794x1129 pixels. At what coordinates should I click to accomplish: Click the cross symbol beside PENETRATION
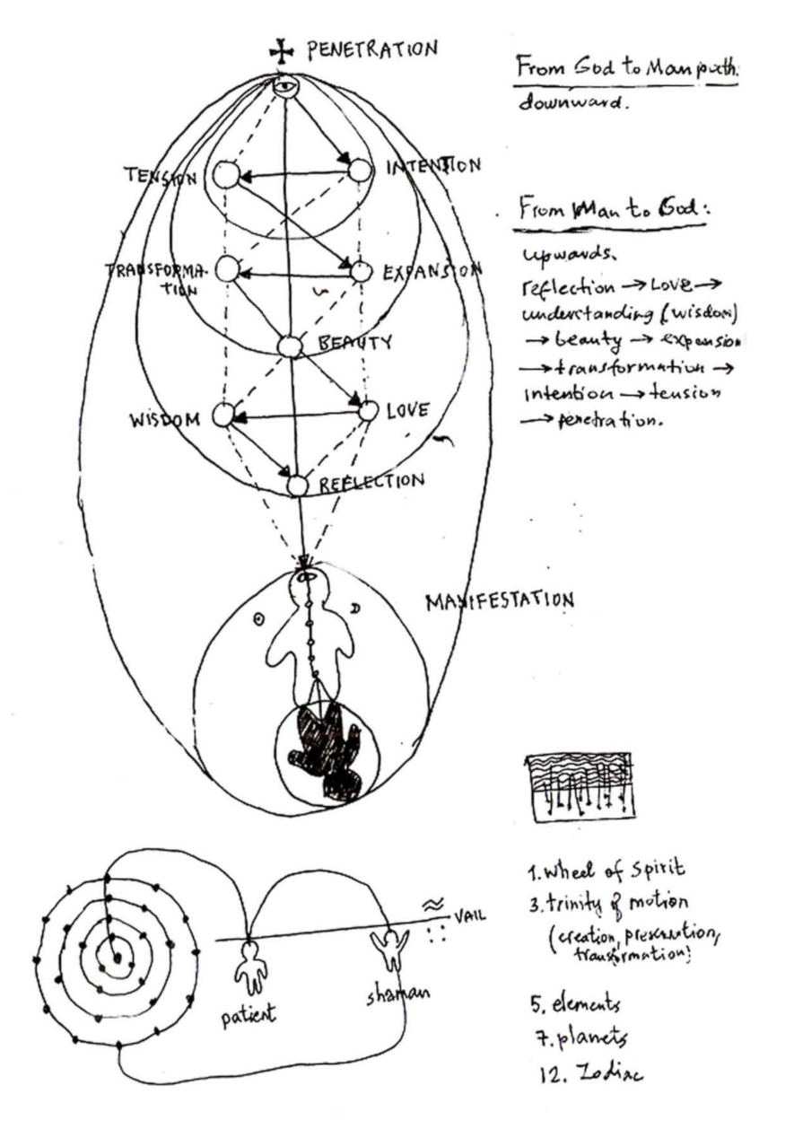[x=287, y=54]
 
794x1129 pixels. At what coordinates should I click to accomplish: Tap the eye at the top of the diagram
[x=285, y=87]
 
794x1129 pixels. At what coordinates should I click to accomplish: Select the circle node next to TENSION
[x=226, y=175]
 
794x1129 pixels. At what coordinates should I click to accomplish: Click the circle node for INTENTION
[x=360, y=171]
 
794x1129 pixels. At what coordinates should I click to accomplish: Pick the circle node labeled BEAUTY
[x=289, y=346]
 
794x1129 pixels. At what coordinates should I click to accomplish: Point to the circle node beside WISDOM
[x=223, y=415]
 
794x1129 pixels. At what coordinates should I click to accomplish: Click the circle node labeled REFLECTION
[x=298, y=486]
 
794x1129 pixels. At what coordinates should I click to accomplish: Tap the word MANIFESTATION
[x=499, y=600]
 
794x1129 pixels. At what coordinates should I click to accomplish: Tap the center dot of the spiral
[x=116, y=959]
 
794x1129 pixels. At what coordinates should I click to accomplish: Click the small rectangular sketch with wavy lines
[x=577, y=787]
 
